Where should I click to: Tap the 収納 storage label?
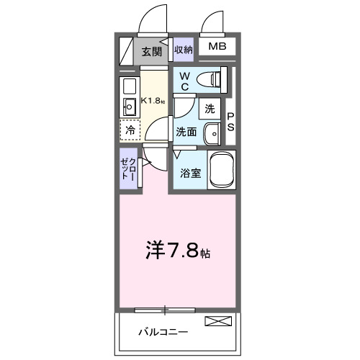click(184, 50)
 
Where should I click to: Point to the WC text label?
click(184, 81)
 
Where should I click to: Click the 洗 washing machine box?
click(210, 109)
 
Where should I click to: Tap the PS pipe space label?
click(231, 122)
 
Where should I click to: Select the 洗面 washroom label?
click(186, 132)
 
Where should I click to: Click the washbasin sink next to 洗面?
click(212, 133)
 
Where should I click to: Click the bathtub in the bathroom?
click(222, 170)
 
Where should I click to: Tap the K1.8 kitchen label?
click(153, 100)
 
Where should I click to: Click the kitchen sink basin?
click(130, 109)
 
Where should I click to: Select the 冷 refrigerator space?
click(130, 131)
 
